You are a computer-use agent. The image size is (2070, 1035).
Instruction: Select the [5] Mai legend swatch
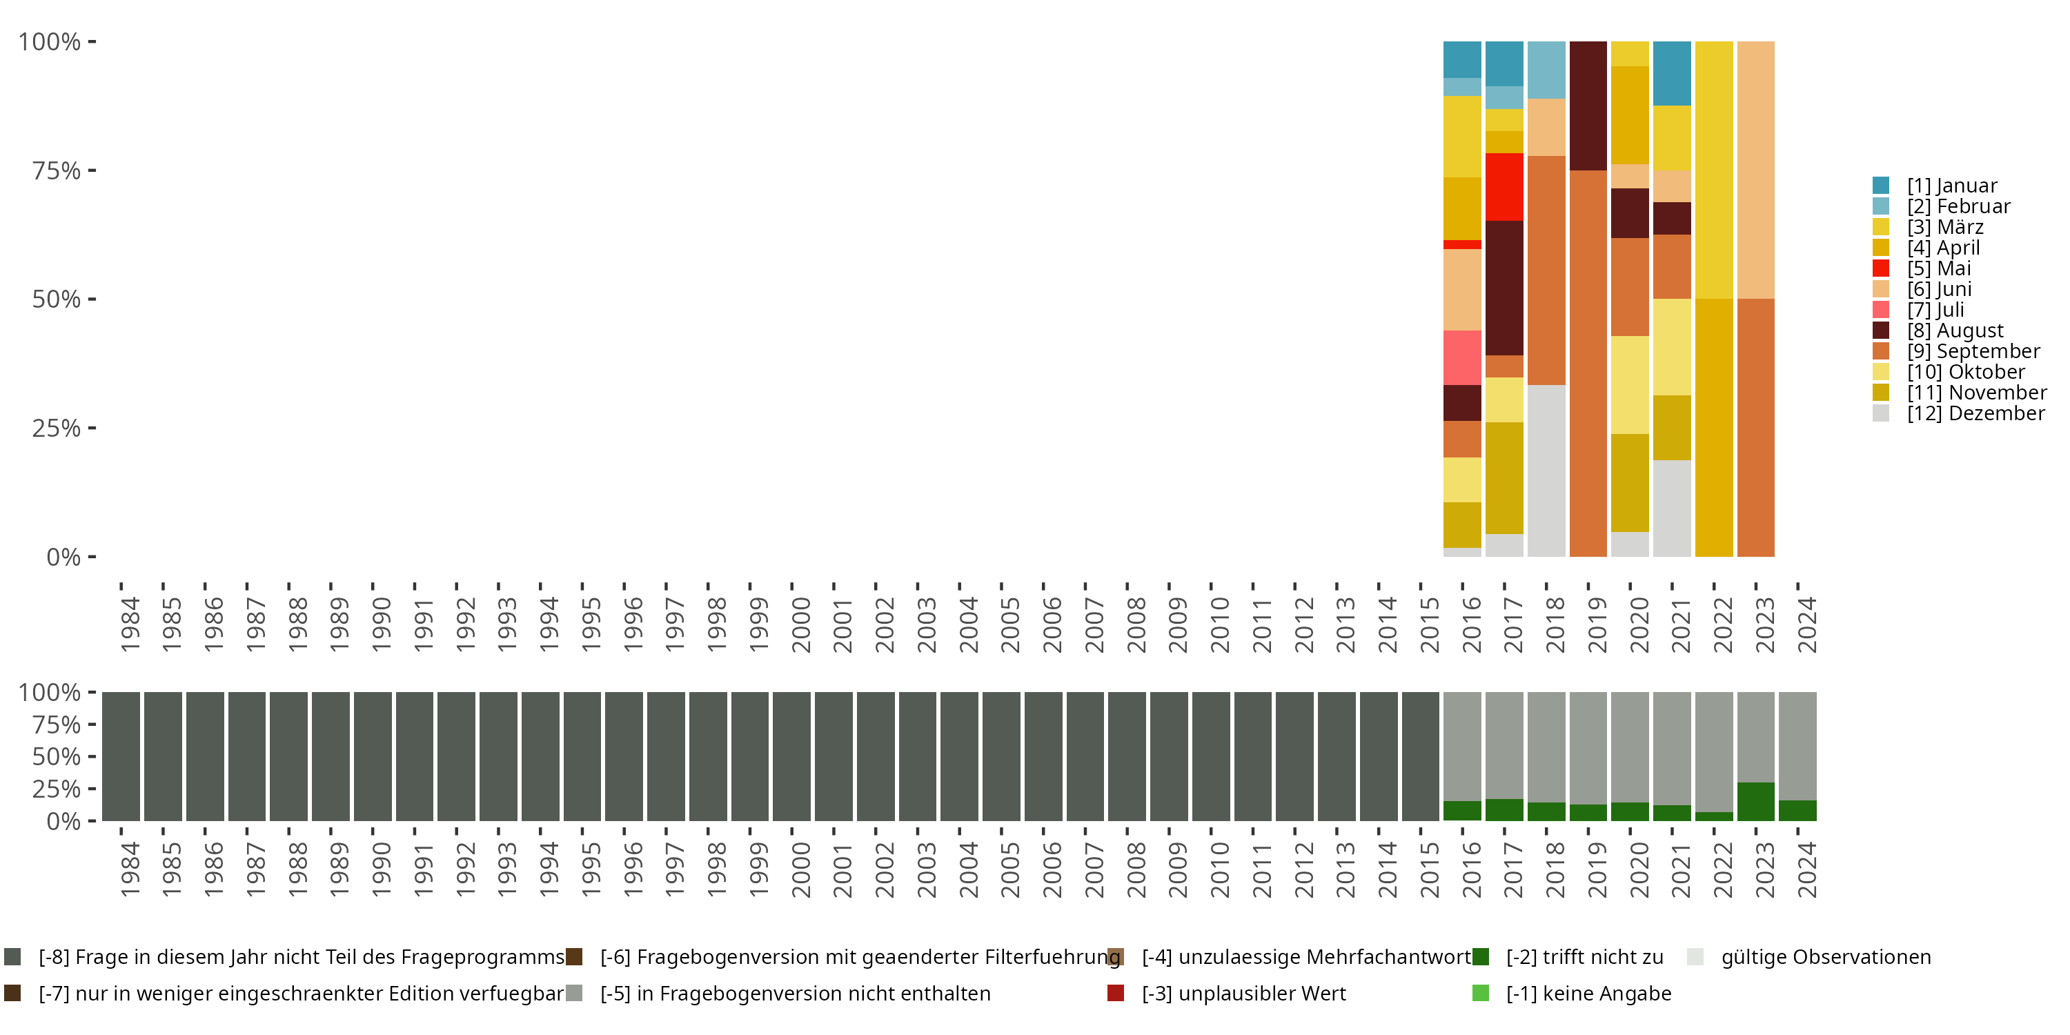1880,268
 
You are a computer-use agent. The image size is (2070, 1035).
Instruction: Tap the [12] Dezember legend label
1976,414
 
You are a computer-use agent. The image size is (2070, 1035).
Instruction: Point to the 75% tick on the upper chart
92,170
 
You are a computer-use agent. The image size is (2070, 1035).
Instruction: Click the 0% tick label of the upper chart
63,557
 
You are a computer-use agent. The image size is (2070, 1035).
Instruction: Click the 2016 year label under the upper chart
1471,624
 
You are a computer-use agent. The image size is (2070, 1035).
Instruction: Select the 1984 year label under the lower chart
130,869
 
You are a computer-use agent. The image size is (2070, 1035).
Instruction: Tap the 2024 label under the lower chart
1806,869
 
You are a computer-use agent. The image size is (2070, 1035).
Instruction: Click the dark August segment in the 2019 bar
1588,106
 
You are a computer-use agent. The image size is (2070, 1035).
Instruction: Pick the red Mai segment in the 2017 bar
1504,187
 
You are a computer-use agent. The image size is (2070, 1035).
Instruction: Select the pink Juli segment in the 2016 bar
1463,358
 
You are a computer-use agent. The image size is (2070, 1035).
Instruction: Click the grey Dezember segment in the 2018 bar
1546,471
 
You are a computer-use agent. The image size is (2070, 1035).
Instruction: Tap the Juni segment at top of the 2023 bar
1756,170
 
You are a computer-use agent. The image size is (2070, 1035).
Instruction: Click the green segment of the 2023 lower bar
1756,802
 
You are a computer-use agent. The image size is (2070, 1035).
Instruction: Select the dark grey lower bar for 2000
791,757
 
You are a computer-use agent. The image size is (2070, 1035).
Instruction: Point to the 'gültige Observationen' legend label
1826,957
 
